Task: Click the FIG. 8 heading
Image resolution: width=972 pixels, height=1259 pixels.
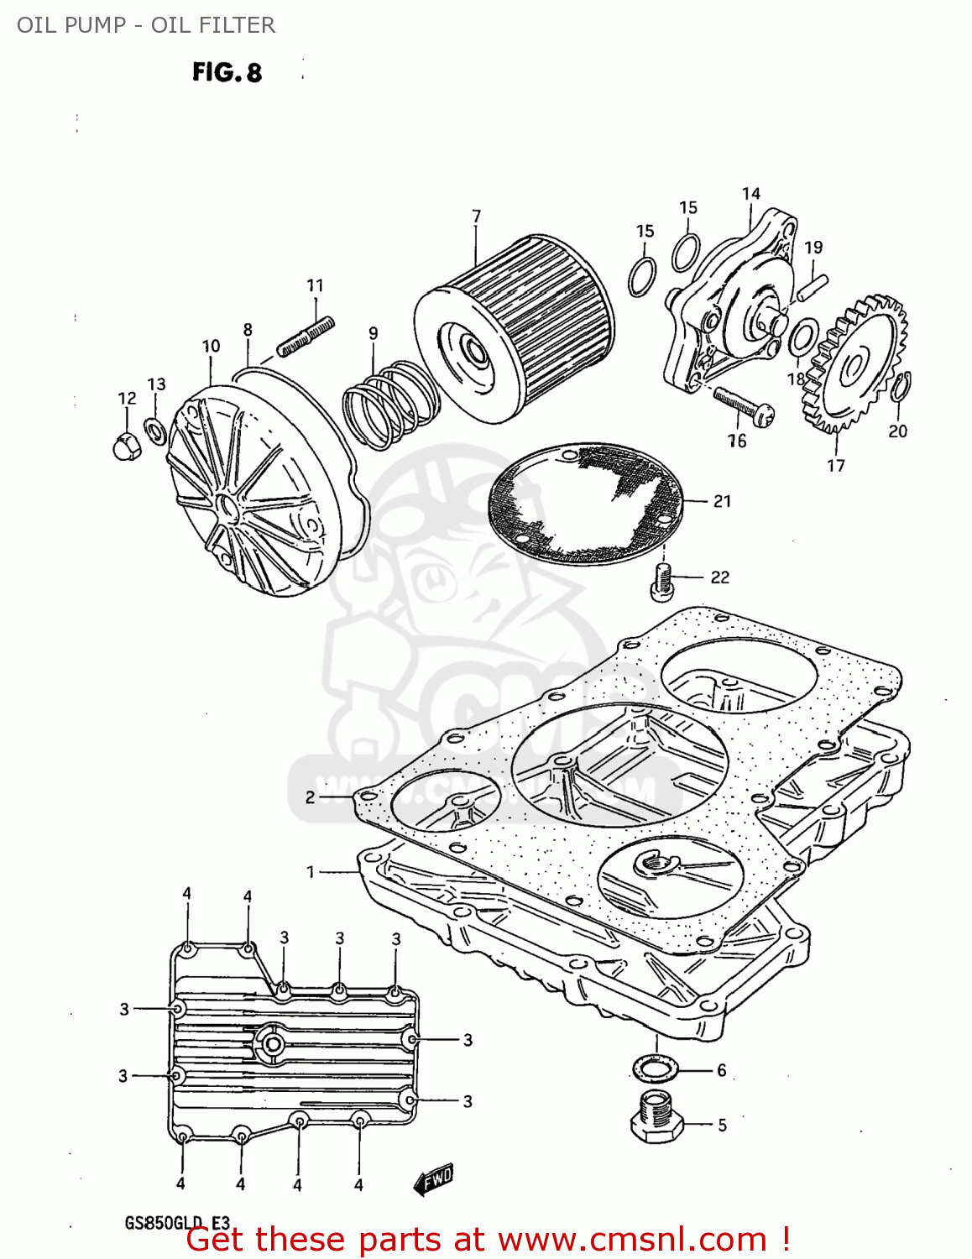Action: (x=227, y=73)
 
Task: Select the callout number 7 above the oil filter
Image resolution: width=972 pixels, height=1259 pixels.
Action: (x=476, y=216)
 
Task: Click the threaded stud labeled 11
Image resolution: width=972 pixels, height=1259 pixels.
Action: (x=306, y=336)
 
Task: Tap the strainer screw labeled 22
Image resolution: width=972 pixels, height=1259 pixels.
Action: (x=662, y=580)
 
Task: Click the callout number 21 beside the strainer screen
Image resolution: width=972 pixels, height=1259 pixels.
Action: (x=722, y=501)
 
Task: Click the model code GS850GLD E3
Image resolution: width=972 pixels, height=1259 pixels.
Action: (x=177, y=1223)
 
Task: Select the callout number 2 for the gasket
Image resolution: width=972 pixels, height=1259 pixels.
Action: (x=310, y=797)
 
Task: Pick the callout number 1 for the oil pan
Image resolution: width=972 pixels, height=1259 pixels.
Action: (x=310, y=872)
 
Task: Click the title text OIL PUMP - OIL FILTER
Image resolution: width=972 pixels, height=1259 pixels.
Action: (x=146, y=25)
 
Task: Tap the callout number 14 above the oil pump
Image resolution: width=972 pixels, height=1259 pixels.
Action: (x=750, y=194)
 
